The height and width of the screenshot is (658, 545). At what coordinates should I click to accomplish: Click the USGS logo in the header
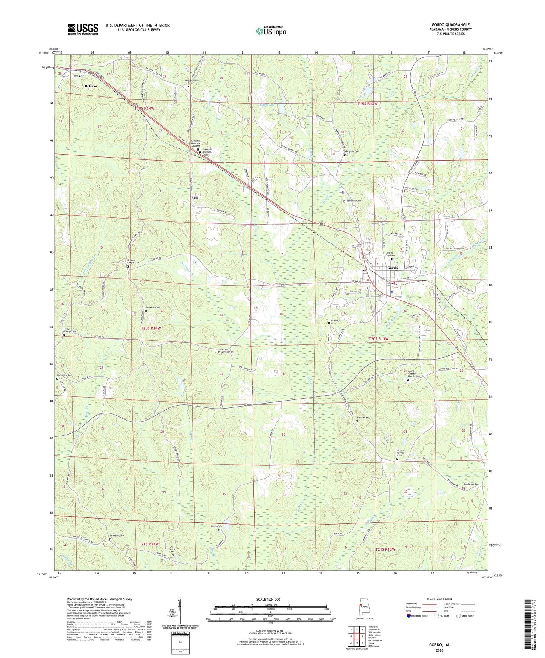83,29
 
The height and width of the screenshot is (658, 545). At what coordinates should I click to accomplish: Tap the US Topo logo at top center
271,31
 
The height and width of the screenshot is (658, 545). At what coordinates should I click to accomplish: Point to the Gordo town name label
392,268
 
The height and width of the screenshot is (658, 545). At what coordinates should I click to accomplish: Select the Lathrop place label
78,76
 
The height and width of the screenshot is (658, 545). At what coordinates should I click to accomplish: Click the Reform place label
91,86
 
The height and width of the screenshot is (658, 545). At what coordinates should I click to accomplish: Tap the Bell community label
194,197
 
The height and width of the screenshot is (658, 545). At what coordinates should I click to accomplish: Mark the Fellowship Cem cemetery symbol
189,86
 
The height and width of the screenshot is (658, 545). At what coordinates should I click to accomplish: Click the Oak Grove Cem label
471,484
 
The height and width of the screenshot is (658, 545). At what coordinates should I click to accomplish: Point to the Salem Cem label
216,526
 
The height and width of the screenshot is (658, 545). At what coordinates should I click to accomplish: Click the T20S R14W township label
151,328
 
